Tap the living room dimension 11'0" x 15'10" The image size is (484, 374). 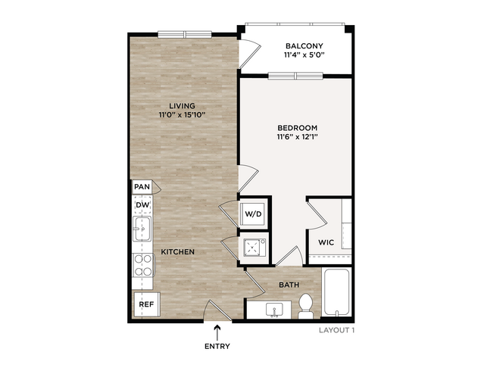pos(182,115)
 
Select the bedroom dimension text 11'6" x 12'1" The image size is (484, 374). pos(297,137)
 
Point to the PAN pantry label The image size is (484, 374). pos(142,187)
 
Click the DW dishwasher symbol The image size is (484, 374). pos(142,204)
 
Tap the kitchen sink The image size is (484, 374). pos(142,229)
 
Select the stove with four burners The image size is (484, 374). pos(143,265)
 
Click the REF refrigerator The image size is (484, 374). pos(146,304)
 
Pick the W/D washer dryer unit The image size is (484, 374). pos(253,213)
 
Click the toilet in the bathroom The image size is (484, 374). pos(305,306)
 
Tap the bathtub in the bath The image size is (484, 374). pos(336,292)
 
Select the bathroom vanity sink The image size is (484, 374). pos(273,310)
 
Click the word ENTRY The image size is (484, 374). pos(217,346)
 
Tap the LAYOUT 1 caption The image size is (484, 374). pos(337,330)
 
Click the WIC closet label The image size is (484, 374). pos(326,242)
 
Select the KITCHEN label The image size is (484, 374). pos(178,252)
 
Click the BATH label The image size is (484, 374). pos(289,285)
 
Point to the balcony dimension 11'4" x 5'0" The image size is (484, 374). pos(304,55)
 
